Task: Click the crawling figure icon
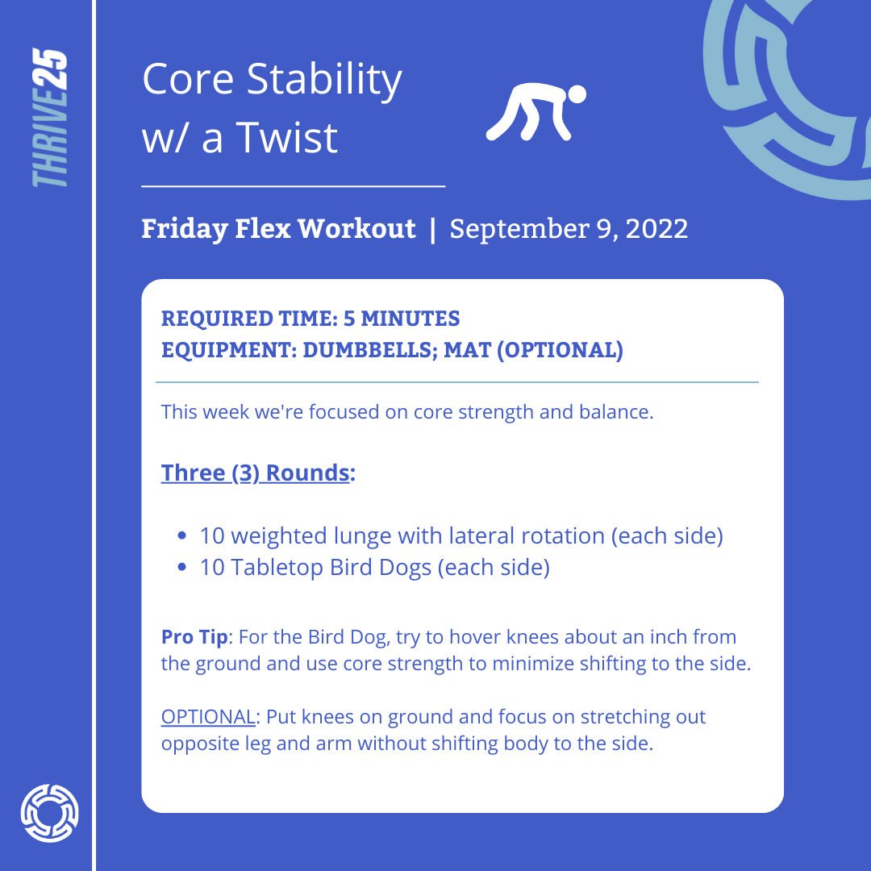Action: click(x=536, y=112)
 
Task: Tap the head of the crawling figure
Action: click(x=577, y=94)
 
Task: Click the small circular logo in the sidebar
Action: click(x=49, y=813)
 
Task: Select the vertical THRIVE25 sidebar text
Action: click(x=50, y=117)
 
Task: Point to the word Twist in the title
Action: click(x=287, y=137)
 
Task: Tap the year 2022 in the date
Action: click(x=656, y=229)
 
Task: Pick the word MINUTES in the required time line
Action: click(x=410, y=319)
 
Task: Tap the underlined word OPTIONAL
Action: click(x=208, y=717)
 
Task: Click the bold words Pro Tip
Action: click(x=194, y=637)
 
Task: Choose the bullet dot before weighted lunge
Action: click(x=181, y=536)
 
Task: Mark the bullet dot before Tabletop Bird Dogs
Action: click(x=181, y=567)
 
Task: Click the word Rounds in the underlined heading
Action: click(x=308, y=473)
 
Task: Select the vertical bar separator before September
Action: click(x=433, y=229)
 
